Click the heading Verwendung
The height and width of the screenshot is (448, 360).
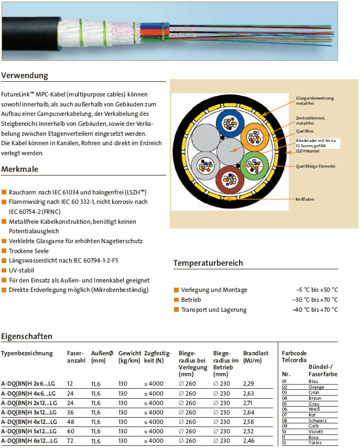pyautogui.click(x=25, y=75)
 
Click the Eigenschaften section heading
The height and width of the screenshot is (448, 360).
pyautogui.click(x=26, y=336)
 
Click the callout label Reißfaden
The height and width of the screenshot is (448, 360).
pyautogui.click(x=305, y=199)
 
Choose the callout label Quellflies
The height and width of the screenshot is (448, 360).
pyautogui.click(x=304, y=131)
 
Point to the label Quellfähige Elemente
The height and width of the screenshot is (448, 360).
pyautogui.click(x=315, y=166)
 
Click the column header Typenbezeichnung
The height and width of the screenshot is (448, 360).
pyautogui.click(x=27, y=353)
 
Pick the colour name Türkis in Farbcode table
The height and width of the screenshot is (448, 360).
pyautogui.click(x=316, y=443)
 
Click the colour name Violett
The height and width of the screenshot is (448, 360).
pyautogui.click(x=317, y=432)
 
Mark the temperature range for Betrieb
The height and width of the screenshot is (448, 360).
pyautogui.click(x=315, y=300)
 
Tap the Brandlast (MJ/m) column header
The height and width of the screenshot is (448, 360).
pyautogui.click(x=255, y=357)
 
